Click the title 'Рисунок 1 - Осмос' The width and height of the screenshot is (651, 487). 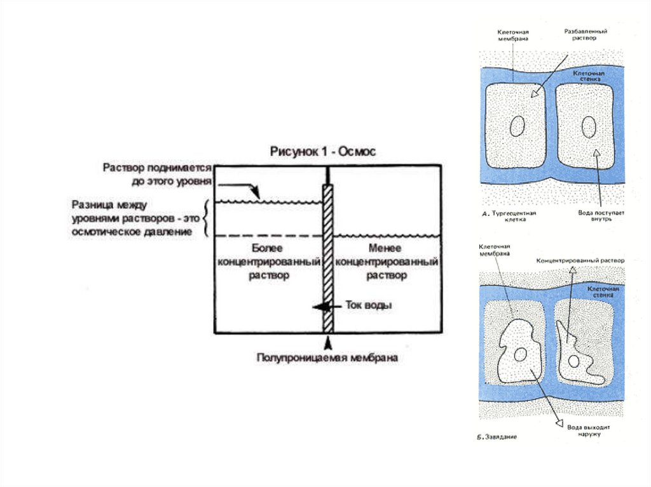click(x=323, y=152)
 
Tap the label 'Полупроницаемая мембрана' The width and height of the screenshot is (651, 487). click(x=327, y=358)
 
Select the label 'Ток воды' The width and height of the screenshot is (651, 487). click(x=369, y=305)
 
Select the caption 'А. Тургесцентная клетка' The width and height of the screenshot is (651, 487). click(x=510, y=217)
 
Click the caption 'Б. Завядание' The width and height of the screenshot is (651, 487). click(x=497, y=437)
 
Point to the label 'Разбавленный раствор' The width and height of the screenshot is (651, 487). click(x=586, y=34)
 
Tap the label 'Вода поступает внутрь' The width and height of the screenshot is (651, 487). click(x=595, y=217)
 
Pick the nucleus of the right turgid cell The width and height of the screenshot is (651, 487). click(x=589, y=127)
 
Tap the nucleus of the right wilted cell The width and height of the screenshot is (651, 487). click(x=574, y=361)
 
